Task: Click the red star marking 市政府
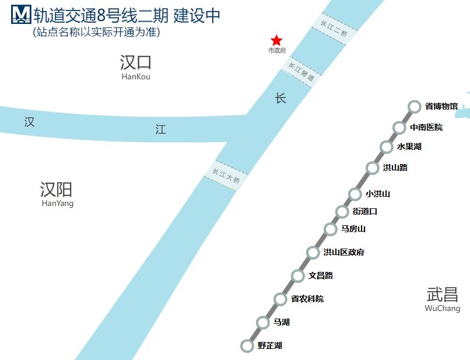[276, 40]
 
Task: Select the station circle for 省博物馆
[414, 107]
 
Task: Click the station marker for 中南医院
[399, 127]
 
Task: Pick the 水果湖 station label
[409, 146]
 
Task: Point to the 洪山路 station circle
[373, 168]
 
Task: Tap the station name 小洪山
[377, 194]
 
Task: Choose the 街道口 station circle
[342, 211]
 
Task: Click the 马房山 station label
[353, 229]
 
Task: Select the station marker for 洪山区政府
[313, 253]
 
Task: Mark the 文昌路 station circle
[298, 276]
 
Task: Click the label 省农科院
[307, 299]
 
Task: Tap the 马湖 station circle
[263, 322]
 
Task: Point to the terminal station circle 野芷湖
[247, 345]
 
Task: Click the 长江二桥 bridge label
[334, 28]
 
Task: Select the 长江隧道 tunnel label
[301, 72]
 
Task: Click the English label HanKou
[136, 77]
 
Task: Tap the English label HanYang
[58, 204]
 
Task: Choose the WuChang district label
[442, 308]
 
